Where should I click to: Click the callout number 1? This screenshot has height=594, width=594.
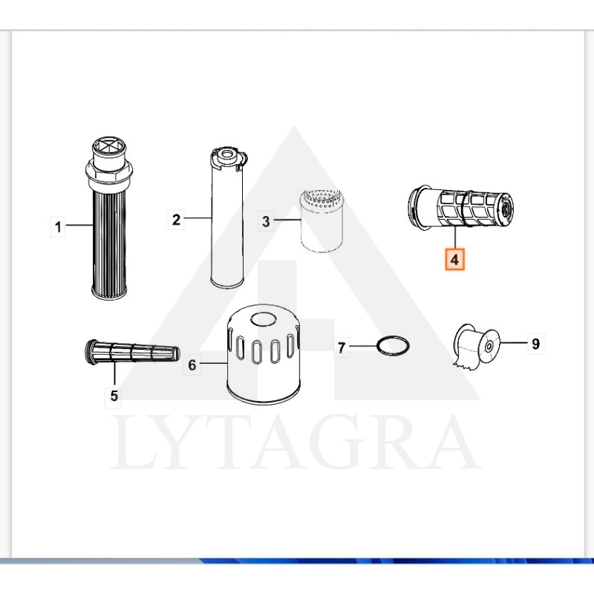[58, 227]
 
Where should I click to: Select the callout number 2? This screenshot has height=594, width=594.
[176, 219]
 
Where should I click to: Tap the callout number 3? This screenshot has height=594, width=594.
[266, 221]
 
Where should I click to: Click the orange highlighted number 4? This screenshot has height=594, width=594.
[454, 259]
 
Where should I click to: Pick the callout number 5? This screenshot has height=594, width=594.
[114, 396]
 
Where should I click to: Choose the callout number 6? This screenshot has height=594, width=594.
[192, 365]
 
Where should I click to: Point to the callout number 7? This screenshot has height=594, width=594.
[342, 347]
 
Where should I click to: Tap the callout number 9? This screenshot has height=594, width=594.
[535, 344]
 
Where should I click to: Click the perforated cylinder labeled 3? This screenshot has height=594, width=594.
[322, 221]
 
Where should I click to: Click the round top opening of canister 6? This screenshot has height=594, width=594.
[264, 319]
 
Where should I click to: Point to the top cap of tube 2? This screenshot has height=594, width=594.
[228, 158]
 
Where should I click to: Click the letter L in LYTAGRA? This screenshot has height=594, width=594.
[133, 443]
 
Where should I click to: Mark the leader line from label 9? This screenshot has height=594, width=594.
[514, 343]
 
